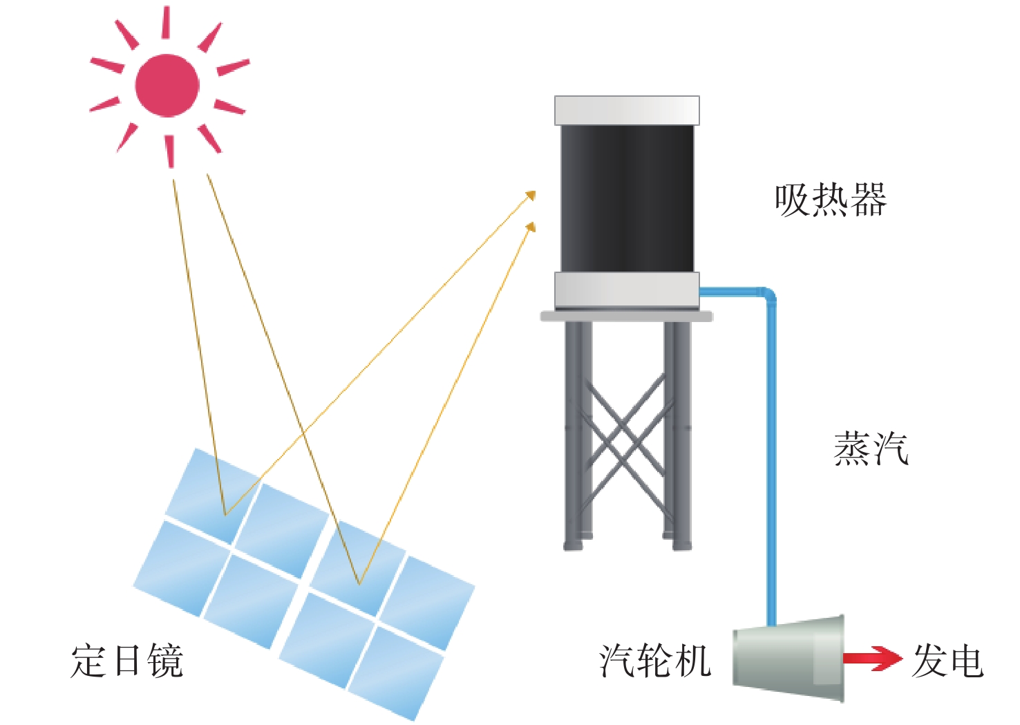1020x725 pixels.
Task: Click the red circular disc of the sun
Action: click(x=167, y=86)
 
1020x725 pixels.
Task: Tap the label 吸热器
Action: click(x=831, y=200)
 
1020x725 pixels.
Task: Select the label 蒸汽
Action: click(x=871, y=449)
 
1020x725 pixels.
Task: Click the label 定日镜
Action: click(x=127, y=661)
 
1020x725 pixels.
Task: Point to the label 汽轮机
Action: click(x=655, y=661)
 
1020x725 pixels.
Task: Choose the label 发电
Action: click(x=948, y=661)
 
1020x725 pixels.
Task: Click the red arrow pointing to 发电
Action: click(x=873, y=659)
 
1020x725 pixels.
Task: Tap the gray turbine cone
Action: click(x=788, y=658)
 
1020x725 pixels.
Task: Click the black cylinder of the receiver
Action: click(x=627, y=198)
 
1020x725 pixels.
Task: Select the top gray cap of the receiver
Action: click(x=627, y=110)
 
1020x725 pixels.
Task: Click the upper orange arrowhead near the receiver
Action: click(x=531, y=195)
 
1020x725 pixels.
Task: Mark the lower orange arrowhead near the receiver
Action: click(x=531, y=226)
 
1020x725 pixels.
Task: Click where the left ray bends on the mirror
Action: click(x=225, y=515)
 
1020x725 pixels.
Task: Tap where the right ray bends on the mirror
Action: click(x=359, y=584)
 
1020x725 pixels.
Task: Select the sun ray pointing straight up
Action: click(x=166, y=22)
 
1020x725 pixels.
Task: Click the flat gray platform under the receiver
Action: click(x=627, y=316)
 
